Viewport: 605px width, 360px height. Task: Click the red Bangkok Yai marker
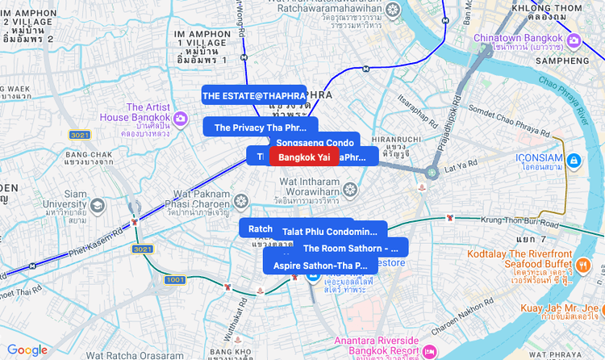click(x=303, y=157)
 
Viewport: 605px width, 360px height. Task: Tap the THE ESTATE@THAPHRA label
click(x=253, y=95)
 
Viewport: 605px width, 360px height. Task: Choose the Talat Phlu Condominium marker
click(x=330, y=232)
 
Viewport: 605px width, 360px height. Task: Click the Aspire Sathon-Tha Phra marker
click(x=320, y=265)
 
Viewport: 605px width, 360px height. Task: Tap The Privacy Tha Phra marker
click(x=260, y=128)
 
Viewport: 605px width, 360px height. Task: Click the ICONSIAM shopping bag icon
click(x=574, y=160)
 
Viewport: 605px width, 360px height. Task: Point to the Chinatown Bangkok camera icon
click(x=574, y=41)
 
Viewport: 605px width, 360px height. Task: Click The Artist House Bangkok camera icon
click(x=181, y=119)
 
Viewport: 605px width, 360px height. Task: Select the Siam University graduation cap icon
click(x=98, y=205)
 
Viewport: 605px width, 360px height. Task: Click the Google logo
click(x=27, y=350)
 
